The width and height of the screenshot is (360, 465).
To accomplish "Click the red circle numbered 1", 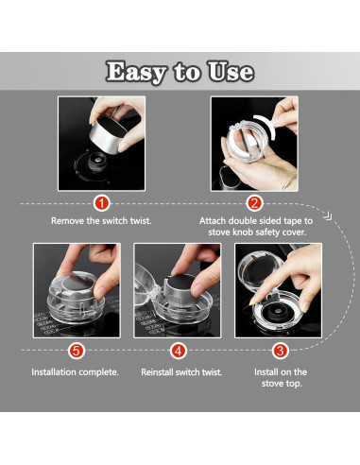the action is click(x=102, y=203).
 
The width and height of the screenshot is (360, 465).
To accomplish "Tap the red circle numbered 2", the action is click(x=254, y=203).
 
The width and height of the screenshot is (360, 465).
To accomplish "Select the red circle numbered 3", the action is click(x=281, y=351).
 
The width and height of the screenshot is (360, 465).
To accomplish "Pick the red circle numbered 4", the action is click(x=179, y=351).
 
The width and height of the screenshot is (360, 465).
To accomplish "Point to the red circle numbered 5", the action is click(x=77, y=351).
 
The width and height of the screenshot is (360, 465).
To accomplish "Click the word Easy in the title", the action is click(x=136, y=72).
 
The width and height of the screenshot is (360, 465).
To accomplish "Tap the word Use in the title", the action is click(x=231, y=72).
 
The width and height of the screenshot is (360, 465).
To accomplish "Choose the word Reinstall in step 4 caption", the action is click(x=157, y=372).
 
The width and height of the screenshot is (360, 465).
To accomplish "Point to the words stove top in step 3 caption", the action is click(x=282, y=384).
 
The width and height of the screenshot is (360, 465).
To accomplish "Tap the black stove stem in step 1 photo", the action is click(x=97, y=162).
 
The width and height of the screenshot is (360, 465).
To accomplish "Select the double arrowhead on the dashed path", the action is click(x=328, y=216).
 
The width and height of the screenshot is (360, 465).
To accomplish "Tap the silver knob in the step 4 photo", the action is click(x=182, y=287).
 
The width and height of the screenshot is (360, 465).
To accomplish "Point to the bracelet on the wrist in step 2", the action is click(x=288, y=182).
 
